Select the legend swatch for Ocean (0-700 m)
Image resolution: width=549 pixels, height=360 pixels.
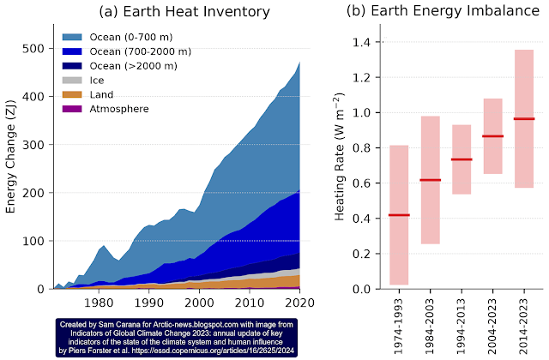pos(72,39)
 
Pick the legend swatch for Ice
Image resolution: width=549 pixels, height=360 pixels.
pos(72,81)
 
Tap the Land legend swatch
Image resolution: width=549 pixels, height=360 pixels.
pos(72,94)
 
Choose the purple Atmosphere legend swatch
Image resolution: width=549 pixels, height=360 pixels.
pos(72,109)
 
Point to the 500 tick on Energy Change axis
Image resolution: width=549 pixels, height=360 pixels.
pos(29,48)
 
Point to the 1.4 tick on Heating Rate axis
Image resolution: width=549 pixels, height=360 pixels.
pos(369,42)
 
